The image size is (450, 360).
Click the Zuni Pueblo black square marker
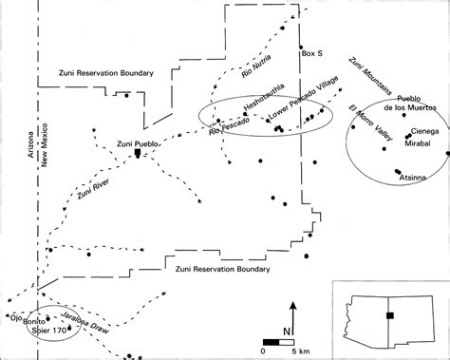tap(138, 152)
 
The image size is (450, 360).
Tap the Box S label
tap(312, 53)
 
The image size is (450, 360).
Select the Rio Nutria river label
tap(256, 66)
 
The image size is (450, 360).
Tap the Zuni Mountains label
tap(370, 76)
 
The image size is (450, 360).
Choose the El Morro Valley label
tap(370, 123)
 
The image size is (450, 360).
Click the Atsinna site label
tap(412, 178)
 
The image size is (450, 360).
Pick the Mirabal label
tap(418, 143)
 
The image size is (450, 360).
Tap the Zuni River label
tap(93, 189)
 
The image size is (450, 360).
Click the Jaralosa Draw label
tap(84, 323)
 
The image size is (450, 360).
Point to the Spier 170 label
tap(49, 331)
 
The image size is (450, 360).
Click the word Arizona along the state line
tap(30, 144)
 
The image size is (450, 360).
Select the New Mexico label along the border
tap(44, 145)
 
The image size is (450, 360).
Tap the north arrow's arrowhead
tap(293, 305)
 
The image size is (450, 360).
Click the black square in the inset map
tap(390, 315)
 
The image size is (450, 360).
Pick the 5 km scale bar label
tap(301, 351)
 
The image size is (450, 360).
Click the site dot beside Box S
tap(301, 47)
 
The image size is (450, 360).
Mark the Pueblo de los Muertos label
tap(410, 104)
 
